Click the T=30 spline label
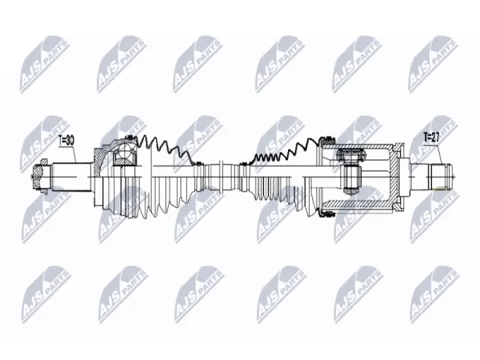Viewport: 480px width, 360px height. pos(66,141)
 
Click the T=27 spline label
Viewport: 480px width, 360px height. pos(431,138)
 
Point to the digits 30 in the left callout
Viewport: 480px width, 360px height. pos(70,141)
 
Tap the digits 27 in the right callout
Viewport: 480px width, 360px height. pos(435,138)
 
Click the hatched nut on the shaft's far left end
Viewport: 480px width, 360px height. pos(39,177)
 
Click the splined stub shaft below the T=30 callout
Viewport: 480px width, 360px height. pos(73,177)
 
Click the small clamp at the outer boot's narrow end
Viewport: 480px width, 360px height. pos(198,163)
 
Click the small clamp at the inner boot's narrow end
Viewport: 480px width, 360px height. pos(243,164)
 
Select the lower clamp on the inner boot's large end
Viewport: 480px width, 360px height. pos(326,214)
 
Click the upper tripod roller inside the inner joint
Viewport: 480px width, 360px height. pos(350,154)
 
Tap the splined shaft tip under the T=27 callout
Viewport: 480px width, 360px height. pos(441,177)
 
